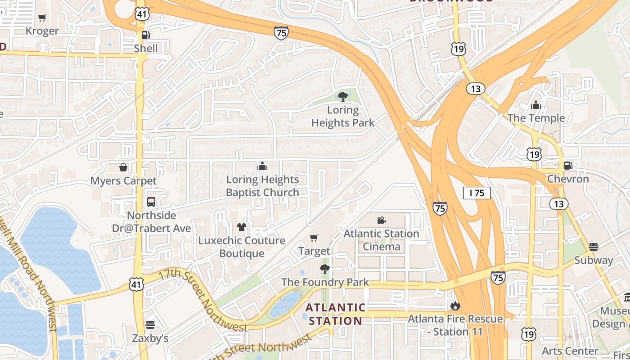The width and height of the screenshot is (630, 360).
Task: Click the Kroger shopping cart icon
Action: point(42,18)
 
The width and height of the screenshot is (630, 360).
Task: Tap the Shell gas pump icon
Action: point(145,35)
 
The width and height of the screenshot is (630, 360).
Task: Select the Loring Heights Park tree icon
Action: point(342,96)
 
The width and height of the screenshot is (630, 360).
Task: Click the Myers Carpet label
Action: point(123,181)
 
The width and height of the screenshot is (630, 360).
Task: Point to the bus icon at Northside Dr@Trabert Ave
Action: point(151,202)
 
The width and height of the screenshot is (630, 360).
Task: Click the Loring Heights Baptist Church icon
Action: point(262,166)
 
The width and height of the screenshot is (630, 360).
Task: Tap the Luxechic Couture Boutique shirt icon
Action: point(242,227)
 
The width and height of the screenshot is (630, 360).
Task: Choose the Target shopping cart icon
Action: point(314,238)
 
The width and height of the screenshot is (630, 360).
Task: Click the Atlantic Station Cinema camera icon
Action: point(381,220)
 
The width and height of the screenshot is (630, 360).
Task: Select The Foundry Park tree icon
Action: point(324,269)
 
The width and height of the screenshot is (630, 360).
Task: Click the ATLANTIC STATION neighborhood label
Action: point(335,314)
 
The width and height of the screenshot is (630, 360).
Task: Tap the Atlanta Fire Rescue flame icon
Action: point(455,306)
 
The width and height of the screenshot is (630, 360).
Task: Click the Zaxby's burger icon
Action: point(150,324)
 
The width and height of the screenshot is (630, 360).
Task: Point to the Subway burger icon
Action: point(593,247)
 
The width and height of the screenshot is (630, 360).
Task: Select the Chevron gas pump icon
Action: point(568,166)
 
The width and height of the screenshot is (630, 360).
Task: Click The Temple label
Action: point(536,118)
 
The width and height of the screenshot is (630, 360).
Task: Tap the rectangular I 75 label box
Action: point(477,193)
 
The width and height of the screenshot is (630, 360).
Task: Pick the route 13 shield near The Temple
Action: point(475,89)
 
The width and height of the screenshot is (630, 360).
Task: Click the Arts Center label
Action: point(570,351)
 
